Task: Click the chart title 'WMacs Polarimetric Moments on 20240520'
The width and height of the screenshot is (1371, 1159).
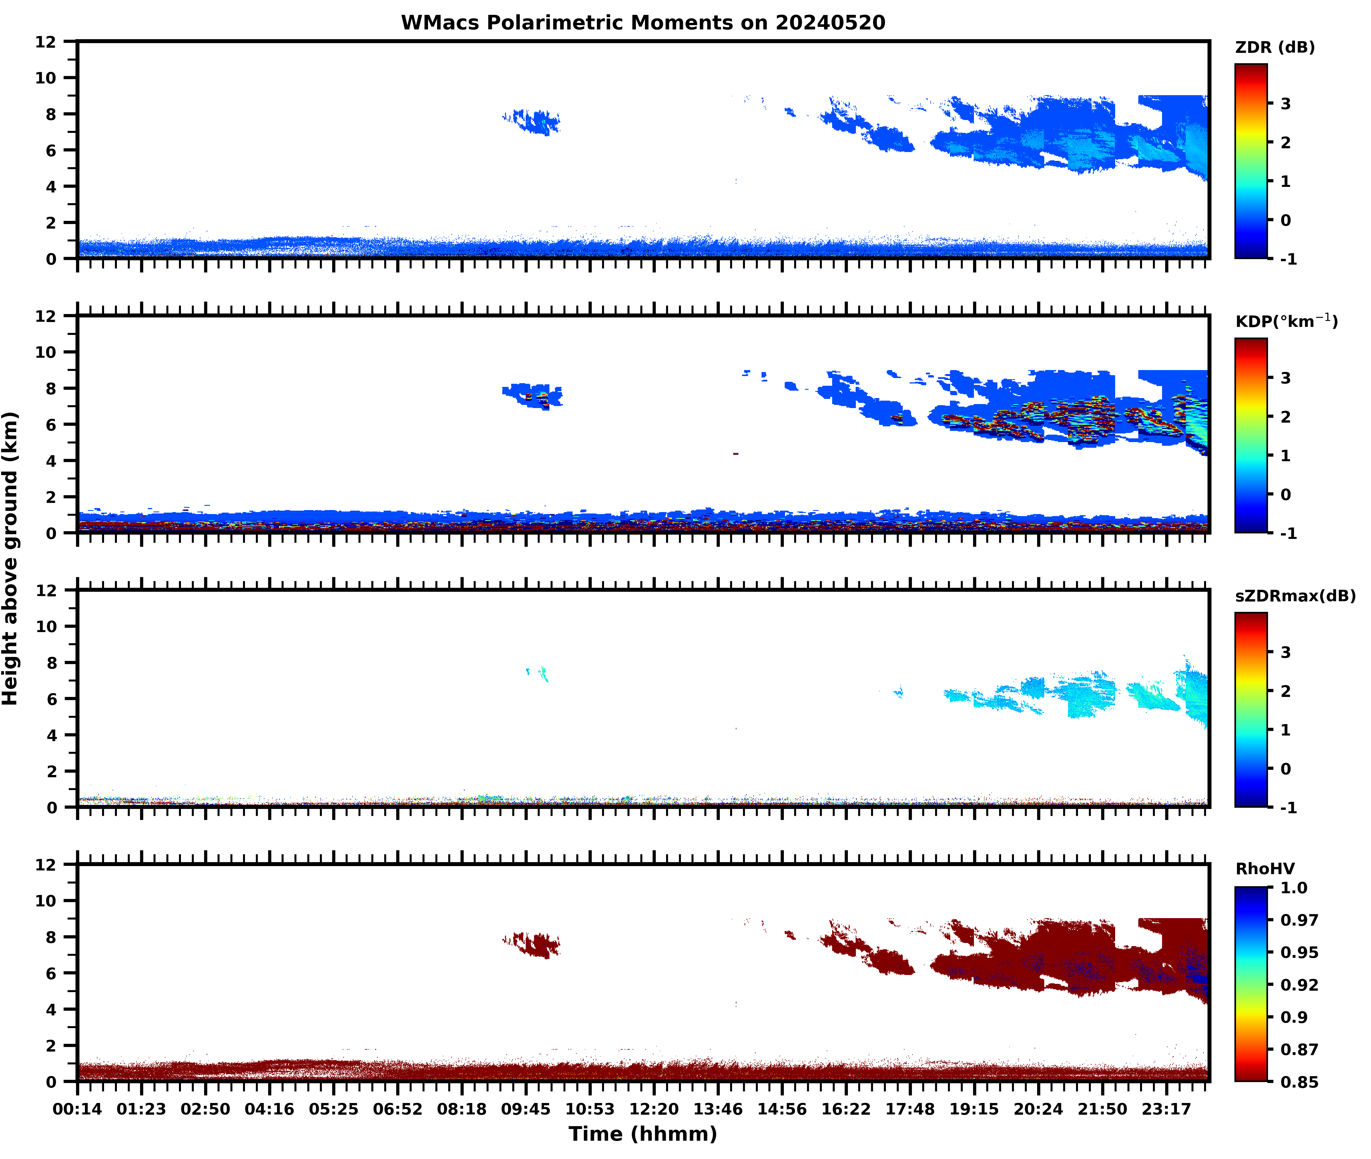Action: coord(643,23)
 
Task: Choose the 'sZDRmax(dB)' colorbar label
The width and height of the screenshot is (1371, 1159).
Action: coord(1295,596)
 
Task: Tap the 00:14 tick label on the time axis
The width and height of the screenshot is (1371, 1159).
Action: coord(77,1109)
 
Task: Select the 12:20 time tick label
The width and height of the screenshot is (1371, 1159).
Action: coord(654,1109)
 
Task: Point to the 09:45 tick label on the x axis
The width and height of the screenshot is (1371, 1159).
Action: coord(526,1109)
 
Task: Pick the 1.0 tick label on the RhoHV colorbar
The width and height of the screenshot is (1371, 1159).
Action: coord(1294,888)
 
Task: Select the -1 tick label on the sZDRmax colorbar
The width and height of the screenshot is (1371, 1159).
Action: coord(1288,808)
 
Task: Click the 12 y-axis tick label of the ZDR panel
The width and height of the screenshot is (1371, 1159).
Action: coord(46,42)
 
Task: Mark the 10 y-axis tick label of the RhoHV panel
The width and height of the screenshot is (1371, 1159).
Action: coord(46,901)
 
